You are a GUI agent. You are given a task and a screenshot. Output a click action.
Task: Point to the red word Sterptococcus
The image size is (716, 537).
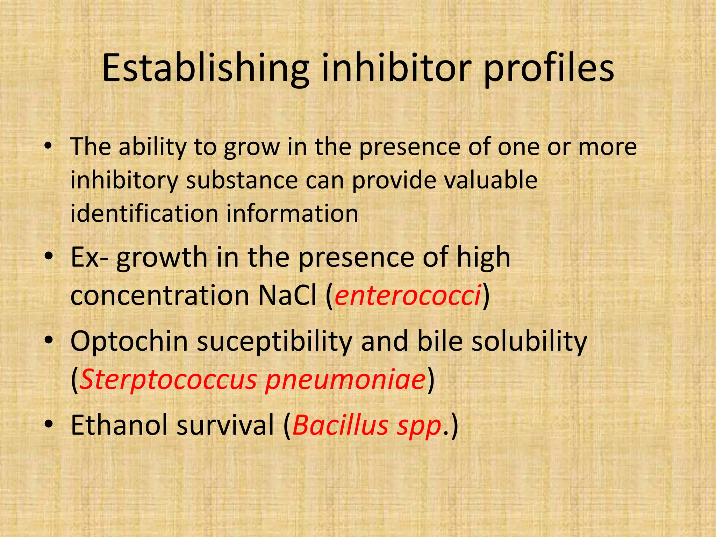[x=168, y=380]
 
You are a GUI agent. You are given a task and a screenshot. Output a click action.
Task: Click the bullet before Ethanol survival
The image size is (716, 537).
[x=49, y=424]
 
